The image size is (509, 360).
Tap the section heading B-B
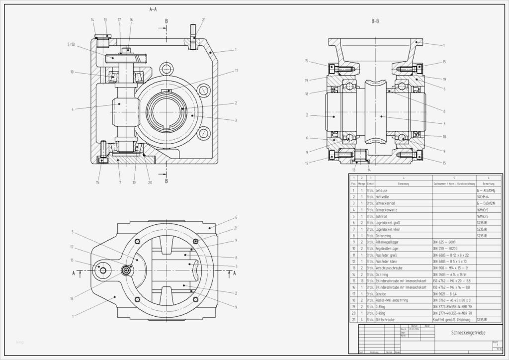[375, 21]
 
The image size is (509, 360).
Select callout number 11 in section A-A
[236, 71]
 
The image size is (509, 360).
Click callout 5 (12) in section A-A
[71, 44]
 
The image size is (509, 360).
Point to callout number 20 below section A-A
[150, 182]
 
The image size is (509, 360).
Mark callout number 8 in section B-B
[444, 111]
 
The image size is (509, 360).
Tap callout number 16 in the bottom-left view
[72, 299]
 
